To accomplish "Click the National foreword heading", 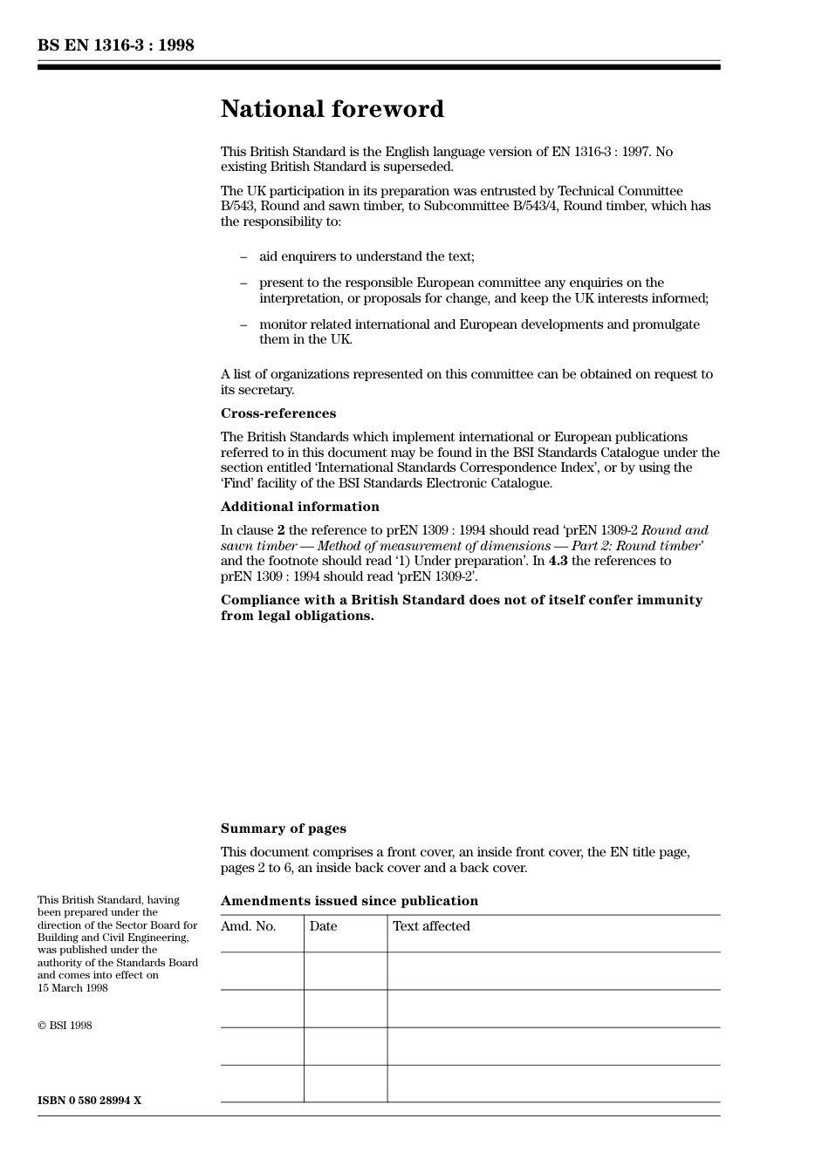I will click(332, 109).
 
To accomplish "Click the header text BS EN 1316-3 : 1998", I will click(115, 45).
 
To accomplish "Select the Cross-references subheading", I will click(277, 413).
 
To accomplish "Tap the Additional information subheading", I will click(299, 507).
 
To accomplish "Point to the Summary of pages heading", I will click(283, 829).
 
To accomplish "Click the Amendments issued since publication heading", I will click(349, 901).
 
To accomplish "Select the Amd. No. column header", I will click(248, 926).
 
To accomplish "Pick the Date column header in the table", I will click(323, 926).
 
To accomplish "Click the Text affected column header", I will click(431, 926).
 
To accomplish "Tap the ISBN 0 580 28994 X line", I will click(89, 1101).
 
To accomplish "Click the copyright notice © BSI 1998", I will click(65, 1026).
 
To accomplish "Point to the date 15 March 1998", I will click(72, 988).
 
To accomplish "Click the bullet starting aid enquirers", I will click(367, 256).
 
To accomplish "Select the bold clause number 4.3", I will click(558, 561).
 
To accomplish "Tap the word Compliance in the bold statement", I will click(258, 600).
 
